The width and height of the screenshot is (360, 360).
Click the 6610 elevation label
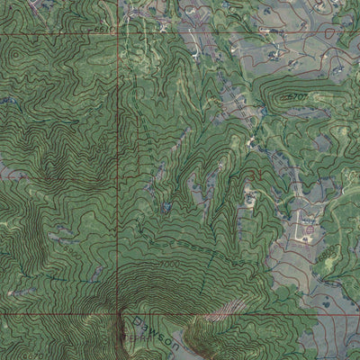pos(105,30)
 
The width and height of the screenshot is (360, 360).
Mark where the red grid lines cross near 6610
pos(119,34)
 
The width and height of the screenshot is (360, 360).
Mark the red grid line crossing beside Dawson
pos(119,314)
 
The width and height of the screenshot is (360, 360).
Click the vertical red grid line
pos(119,180)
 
